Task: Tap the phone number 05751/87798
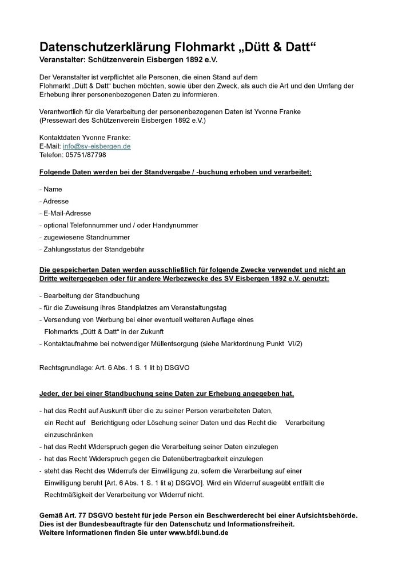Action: tap(86, 155)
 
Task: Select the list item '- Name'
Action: tap(51, 189)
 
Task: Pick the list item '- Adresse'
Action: tap(54, 201)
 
